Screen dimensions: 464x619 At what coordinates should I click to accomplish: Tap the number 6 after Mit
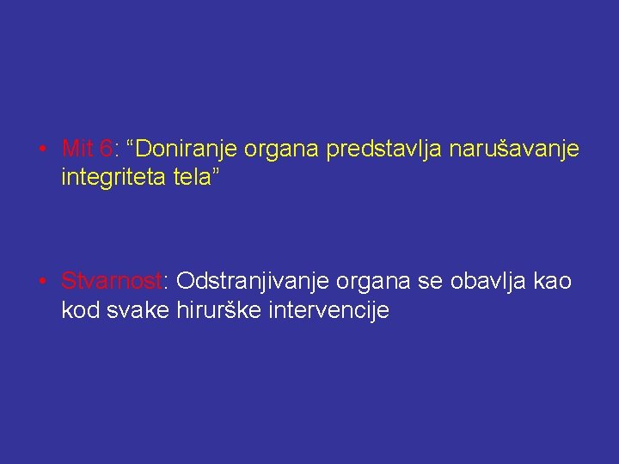pos(106,149)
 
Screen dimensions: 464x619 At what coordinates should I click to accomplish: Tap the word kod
pos(80,310)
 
